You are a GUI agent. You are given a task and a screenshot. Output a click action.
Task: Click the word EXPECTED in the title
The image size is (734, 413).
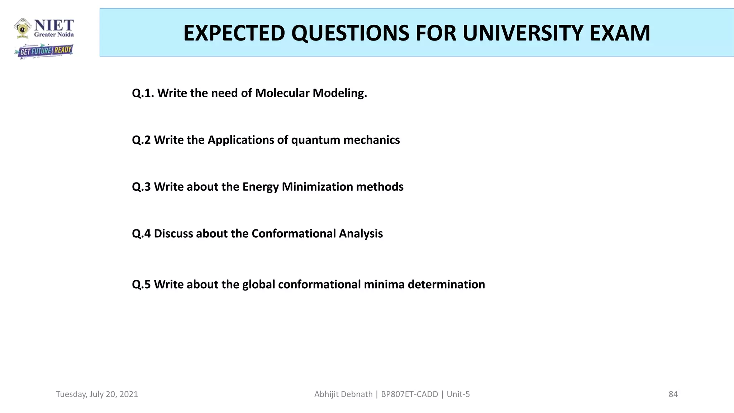pyautogui.click(x=234, y=33)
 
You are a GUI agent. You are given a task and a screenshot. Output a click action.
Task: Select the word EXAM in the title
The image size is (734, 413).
pyautogui.click(x=620, y=33)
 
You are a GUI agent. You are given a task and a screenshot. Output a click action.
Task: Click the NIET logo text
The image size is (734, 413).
pyautogui.click(x=54, y=26)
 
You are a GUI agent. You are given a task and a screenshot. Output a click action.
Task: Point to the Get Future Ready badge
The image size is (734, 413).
pyautogui.click(x=44, y=51)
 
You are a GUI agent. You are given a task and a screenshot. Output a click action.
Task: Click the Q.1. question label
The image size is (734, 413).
pyautogui.click(x=143, y=93)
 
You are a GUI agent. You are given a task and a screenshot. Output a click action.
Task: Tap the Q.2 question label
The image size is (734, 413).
pyautogui.click(x=141, y=140)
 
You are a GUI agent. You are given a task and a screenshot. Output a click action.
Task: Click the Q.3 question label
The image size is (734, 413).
pyautogui.click(x=141, y=187)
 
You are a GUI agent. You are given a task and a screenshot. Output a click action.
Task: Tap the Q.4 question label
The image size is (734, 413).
pyautogui.click(x=141, y=234)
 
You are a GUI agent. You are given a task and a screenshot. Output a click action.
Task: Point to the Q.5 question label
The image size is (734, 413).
pyautogui.click(x=141, y=284)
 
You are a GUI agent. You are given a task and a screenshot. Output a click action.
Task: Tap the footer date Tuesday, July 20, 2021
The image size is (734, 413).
pyautogui.click(x=97, y=394)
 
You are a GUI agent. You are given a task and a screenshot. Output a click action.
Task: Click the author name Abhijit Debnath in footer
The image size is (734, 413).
pyautogui.click(x=343, y=394)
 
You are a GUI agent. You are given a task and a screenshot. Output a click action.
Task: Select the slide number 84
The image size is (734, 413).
pyautogui.click(x=673, y=394)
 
